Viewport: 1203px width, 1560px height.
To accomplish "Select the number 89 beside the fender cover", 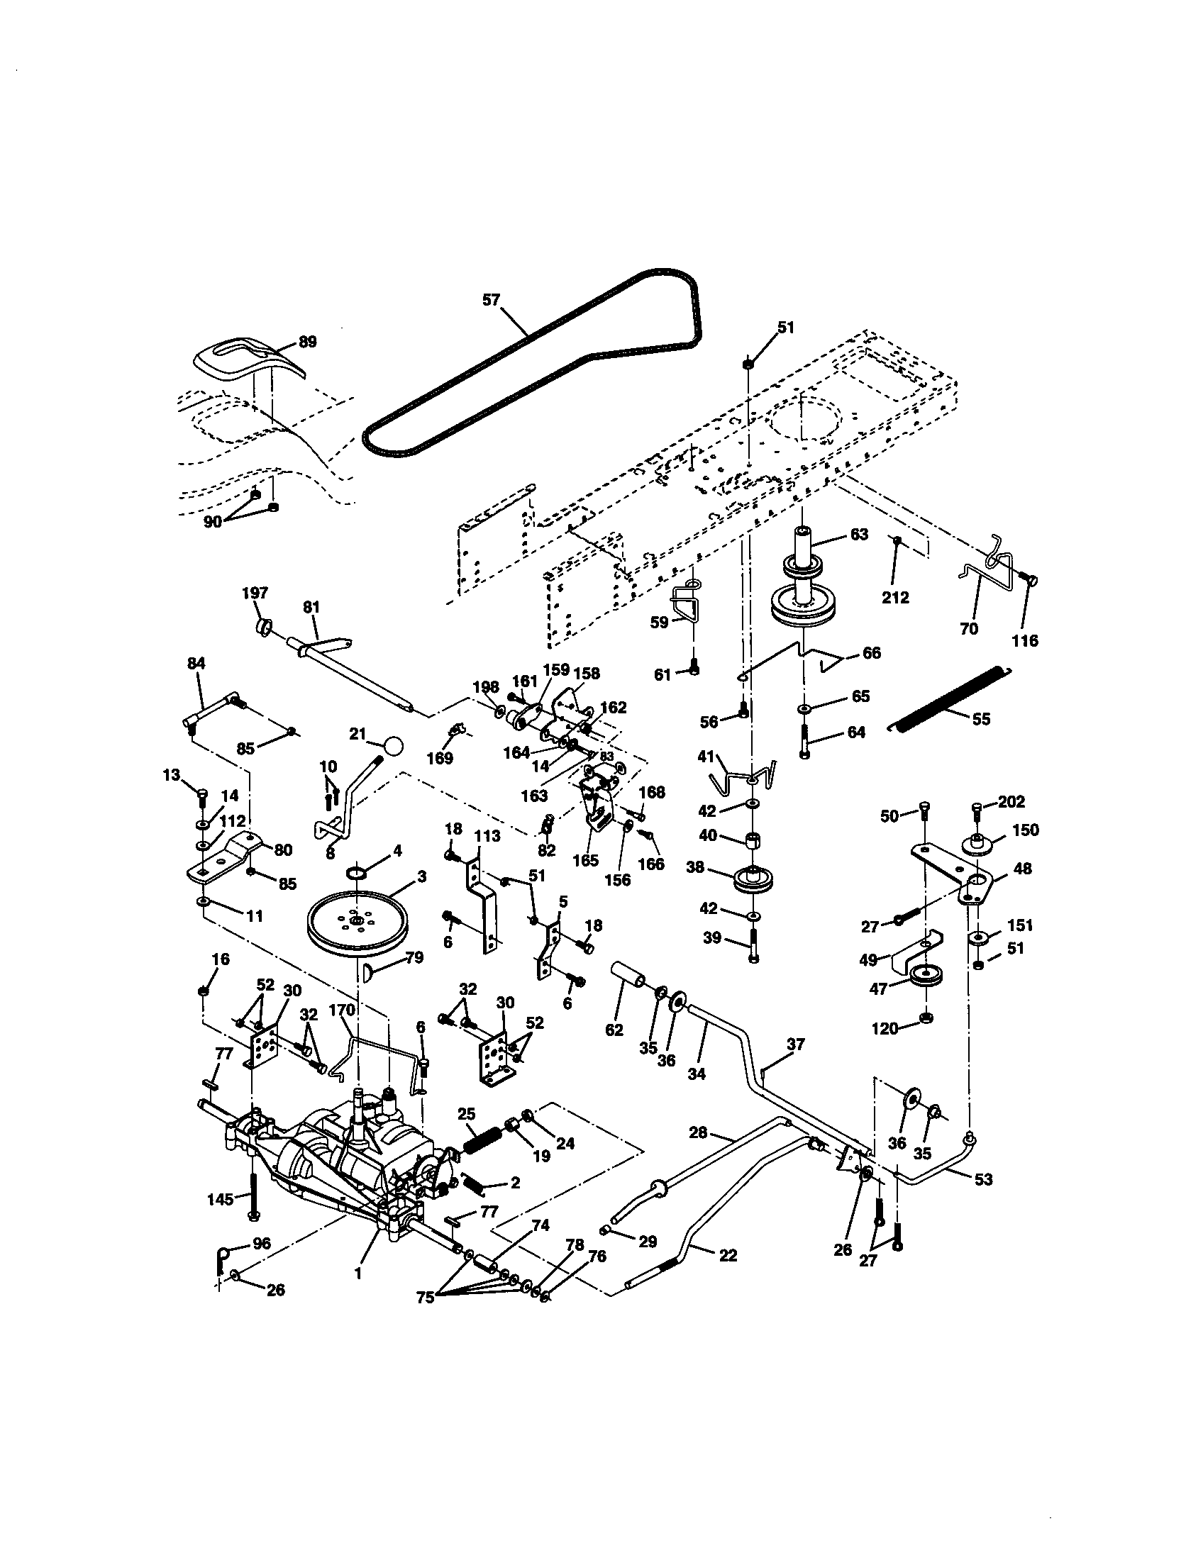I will (306, 342).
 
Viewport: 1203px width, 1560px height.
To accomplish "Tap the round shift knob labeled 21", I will (392, 746).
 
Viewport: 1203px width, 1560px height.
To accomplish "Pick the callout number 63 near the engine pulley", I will (859, 534).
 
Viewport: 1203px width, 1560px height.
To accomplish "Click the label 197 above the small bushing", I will (255, 593).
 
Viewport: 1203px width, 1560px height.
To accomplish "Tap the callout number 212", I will (895, 597).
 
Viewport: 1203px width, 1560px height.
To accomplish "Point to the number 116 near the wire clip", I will (1024, 641).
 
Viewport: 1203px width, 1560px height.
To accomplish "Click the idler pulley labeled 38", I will (753, 879).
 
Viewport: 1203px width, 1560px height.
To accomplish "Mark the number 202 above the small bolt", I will (1011, 802).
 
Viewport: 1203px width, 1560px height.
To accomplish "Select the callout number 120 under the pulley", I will (885, 1029).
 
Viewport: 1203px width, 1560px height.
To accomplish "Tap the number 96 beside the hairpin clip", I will (262, 1243).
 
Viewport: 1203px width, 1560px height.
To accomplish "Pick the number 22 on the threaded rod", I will (727, 1255).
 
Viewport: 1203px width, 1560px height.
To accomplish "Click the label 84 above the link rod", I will (196, 664).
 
